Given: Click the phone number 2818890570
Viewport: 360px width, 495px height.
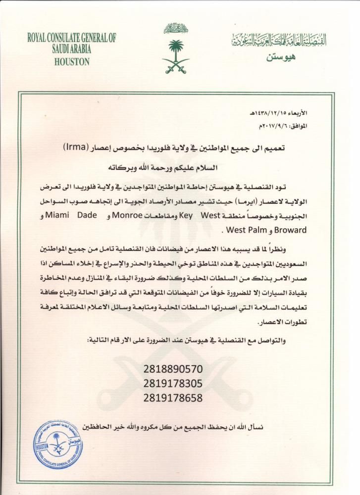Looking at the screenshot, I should pyautogui.click(x=173, y=370).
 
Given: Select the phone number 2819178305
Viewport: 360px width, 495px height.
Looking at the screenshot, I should pyautogui.click(x=173, y=384).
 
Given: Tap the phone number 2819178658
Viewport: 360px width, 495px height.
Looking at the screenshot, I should pyautogui.click(x=173, y=397).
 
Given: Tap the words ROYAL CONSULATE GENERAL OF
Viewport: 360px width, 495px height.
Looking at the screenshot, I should pyautogui.click(x=71, y=37).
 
